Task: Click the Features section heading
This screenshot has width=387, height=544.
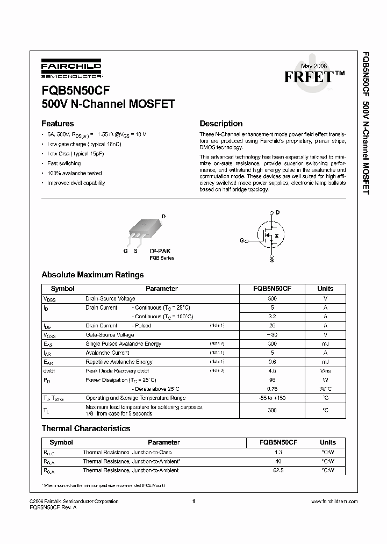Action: click(x=58, y=123)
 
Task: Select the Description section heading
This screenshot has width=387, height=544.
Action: click(x=221, y=123)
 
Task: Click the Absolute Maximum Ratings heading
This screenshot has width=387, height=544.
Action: click(x=92, y=275)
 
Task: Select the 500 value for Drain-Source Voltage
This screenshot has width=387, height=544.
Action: click(x=272, y=298)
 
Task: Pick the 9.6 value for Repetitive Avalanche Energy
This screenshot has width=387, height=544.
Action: click(x=272, y=362)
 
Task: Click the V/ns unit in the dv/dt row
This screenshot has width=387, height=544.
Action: click(x=325, y=371)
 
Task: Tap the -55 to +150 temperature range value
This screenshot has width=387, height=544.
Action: click(x=272, y=398)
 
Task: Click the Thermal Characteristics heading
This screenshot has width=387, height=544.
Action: click(x=86, y=428)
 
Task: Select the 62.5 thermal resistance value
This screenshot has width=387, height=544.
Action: click(x=278, y=470)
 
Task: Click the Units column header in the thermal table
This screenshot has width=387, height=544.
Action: click(x=327, y=442)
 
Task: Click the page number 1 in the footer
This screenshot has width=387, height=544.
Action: click(x=192, y=501)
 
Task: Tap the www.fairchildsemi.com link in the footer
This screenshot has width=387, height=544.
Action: click(x=334, y=501)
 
